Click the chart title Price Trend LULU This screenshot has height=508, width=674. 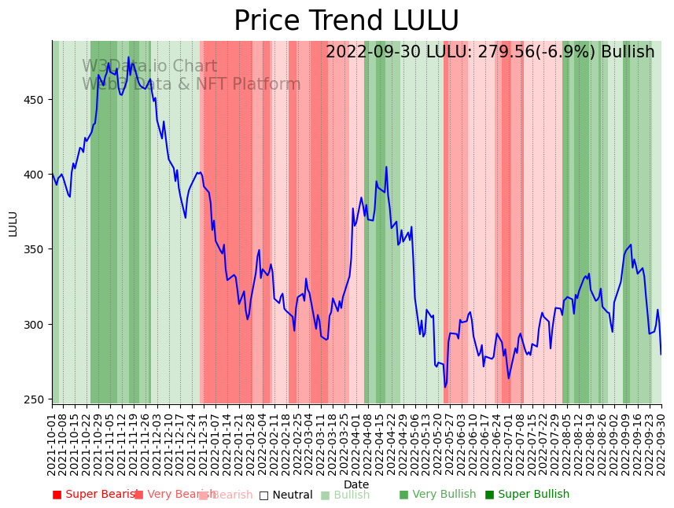[346, 21]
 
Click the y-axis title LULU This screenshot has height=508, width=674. [13, 223]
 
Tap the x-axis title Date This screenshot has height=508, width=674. [356, 484]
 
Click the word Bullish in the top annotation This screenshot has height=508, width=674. [628, 53]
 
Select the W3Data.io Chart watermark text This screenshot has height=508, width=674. [149, 67]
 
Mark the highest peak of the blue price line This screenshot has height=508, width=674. [128, 57]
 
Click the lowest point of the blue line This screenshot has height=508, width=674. [445, 387]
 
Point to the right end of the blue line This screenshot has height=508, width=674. [661, 354]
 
